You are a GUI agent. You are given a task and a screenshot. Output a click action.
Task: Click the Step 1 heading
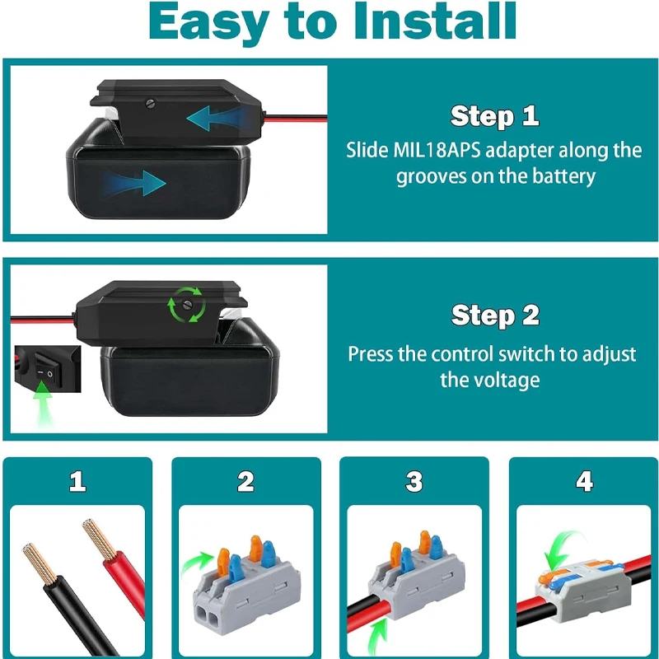pyautogui.click(x=494, y=116)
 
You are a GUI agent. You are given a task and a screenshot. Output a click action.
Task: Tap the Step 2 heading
pyautogui.click(x=495, y=315)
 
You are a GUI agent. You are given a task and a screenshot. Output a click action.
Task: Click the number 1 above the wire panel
pyautogui.click(x=77, y=481)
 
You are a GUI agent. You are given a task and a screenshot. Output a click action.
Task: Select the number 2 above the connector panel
pyautogui.click(x=245, y=481)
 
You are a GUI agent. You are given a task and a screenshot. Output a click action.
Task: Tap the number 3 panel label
pyautogui.click(x=414, y=481)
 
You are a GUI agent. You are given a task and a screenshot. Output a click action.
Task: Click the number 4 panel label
pyautogui.click(x=584, y=481)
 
